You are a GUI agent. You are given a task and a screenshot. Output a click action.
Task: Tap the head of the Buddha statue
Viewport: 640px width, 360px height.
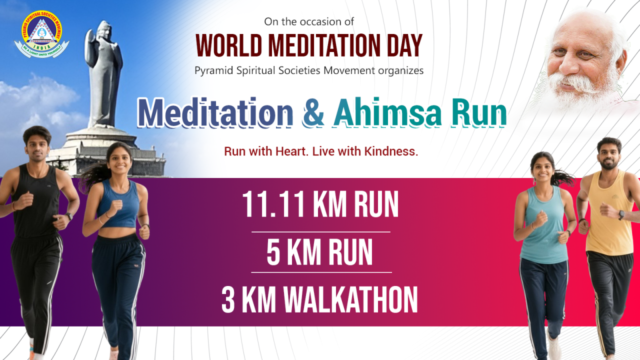(103, 32)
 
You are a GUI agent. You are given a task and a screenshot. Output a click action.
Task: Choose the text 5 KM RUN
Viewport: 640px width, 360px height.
(320, 252)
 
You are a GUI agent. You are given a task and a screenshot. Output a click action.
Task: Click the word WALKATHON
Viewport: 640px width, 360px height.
(350, 299)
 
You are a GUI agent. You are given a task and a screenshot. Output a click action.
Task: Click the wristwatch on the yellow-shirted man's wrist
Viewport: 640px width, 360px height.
(621, 215)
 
